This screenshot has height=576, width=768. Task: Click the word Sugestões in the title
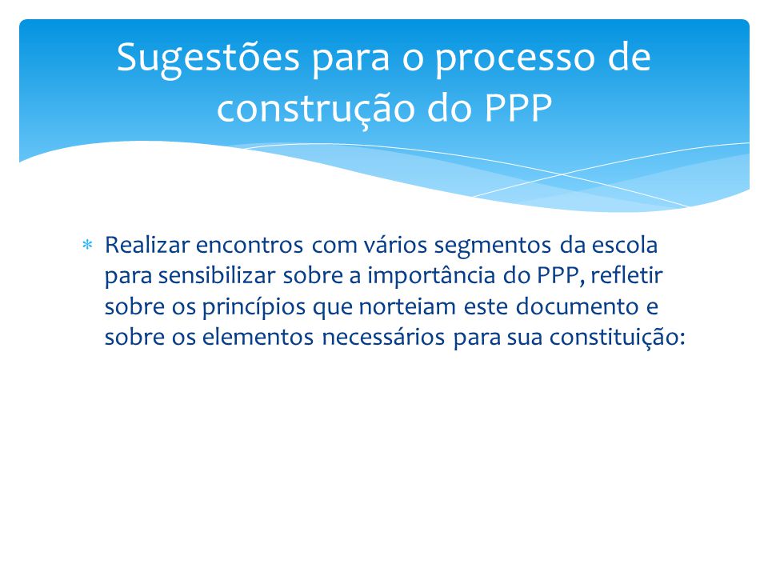coord(208,58)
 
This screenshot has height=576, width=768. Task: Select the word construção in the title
coord(318,109)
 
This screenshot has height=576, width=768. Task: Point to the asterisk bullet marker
coord(87,245)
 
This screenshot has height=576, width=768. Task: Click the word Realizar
coord(147,245)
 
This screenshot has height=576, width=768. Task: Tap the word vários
coord(395,246)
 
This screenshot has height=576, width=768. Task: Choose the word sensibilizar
coord(217,275)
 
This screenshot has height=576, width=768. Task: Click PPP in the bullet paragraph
coord(558,276)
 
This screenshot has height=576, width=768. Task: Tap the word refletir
coord(626,275)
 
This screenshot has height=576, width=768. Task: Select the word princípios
coord(254,307)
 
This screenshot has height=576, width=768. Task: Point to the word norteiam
coord(407,306)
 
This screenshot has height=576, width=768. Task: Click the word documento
coord(578,306)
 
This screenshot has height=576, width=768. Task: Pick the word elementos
coord(258,337)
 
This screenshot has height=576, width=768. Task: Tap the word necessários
coord(383,337)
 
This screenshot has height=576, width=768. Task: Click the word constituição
coord(617,338)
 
